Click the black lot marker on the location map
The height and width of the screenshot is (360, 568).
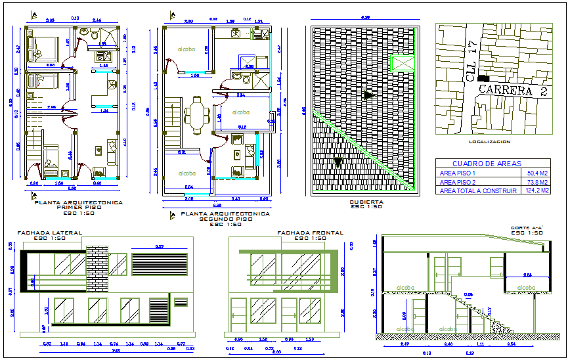pyautogui.click(x=484, y=77)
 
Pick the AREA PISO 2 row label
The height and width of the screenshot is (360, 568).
pyautogui.click(x=458, y=182)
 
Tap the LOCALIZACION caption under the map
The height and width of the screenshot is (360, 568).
pyautogui.click(x=489, y=141)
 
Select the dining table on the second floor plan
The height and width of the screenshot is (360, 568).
pyautogui.click(x=196, y=115)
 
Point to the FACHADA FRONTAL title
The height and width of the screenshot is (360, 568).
pyautogui.click(x=301, y=233)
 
